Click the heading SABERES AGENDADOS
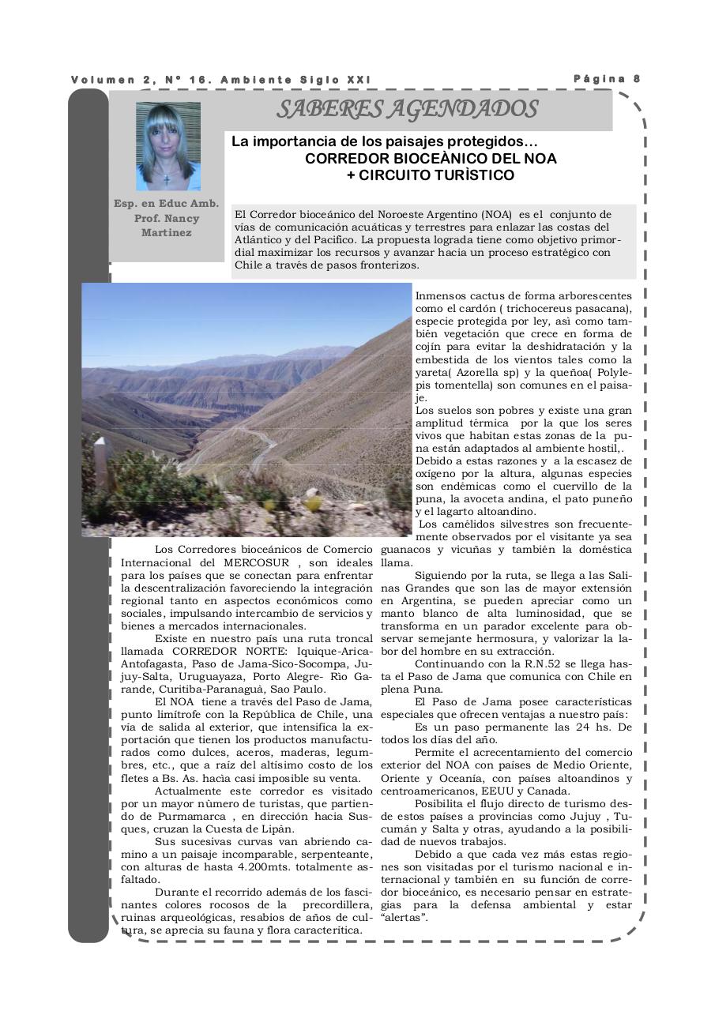pos(407,110)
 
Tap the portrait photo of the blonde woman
pos(168,146)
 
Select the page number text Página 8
pos(606,79)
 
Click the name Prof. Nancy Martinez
pos(167,225)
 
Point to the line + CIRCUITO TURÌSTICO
pos(430,175)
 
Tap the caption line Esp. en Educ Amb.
pos(167,203)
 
